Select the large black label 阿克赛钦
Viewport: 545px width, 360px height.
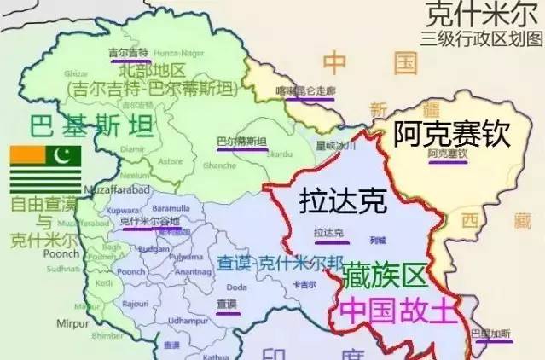click(x=450, y=133)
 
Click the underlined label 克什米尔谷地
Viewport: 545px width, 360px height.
click(x=150, y=222)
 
